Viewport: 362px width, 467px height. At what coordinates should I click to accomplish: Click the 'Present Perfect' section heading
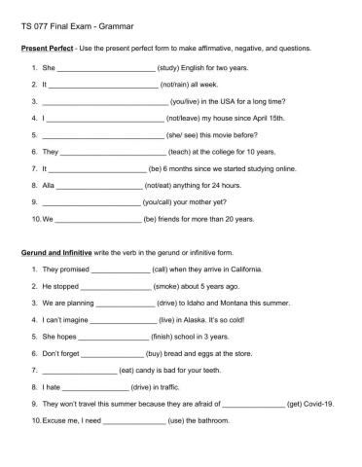pos(48,47)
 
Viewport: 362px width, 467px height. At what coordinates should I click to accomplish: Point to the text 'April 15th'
pos(266,118)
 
